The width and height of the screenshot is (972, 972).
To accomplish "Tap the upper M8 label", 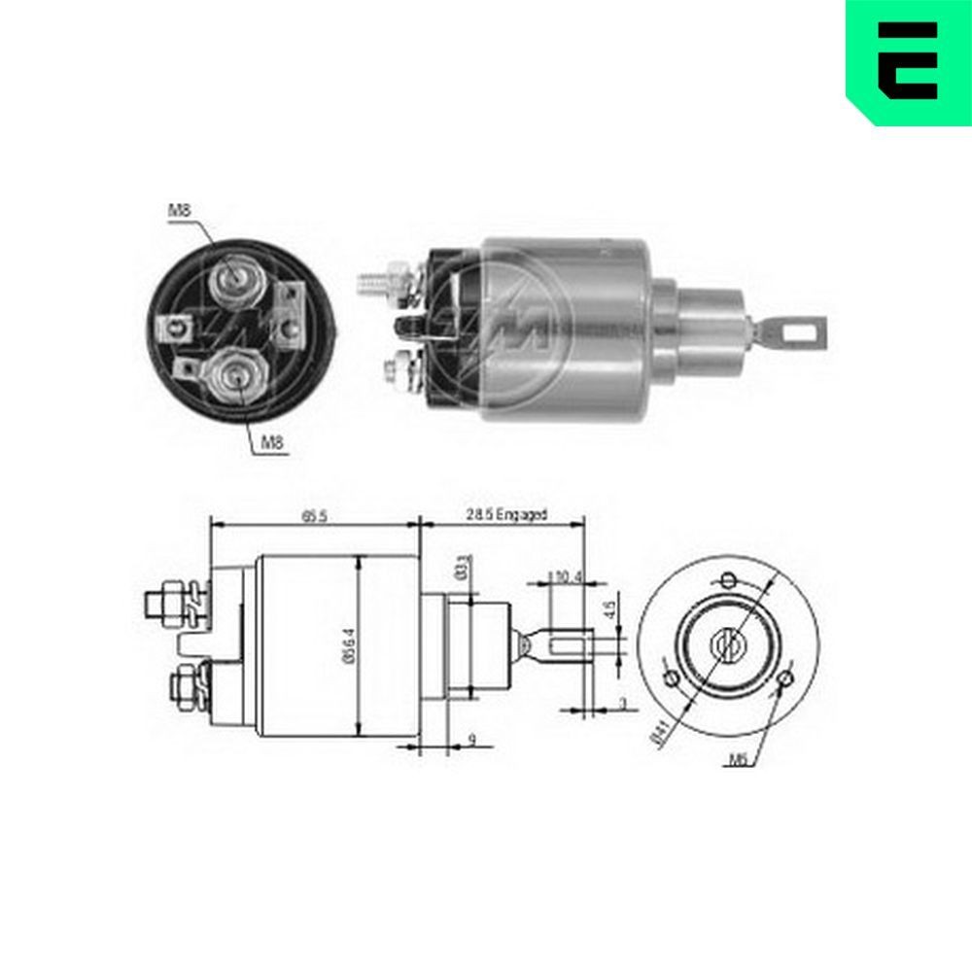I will (x=180, y=210).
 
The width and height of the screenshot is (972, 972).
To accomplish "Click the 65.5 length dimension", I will (x=314, y=516).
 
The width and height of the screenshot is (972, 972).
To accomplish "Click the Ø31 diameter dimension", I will (x=465, y=566).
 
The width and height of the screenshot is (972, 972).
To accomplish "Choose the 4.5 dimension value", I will (x=608, y=613).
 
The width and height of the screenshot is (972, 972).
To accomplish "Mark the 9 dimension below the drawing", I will (x=471, y=741).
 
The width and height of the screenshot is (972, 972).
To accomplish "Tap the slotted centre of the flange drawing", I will (x=728, y=645).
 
